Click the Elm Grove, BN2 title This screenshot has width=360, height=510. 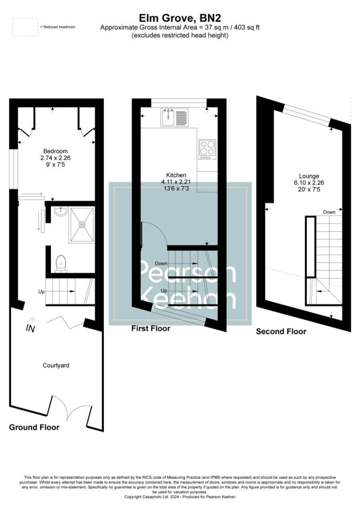pos(179,18)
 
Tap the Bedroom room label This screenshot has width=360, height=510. pos(56,151)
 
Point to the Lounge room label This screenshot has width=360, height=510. pos(309,176)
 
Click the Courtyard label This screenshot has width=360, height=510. pos(56,365)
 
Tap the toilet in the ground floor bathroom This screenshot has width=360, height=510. pos(60,263)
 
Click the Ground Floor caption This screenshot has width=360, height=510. pos(34,427)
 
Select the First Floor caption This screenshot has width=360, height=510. pos(151,328)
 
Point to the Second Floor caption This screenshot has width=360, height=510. pos(281,331)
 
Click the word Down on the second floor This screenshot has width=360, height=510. pos(329,212)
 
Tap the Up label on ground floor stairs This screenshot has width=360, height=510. pos(42,292)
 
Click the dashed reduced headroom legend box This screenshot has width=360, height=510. pos(25,27)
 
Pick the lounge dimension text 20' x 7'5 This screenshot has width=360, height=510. pos(309,189)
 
